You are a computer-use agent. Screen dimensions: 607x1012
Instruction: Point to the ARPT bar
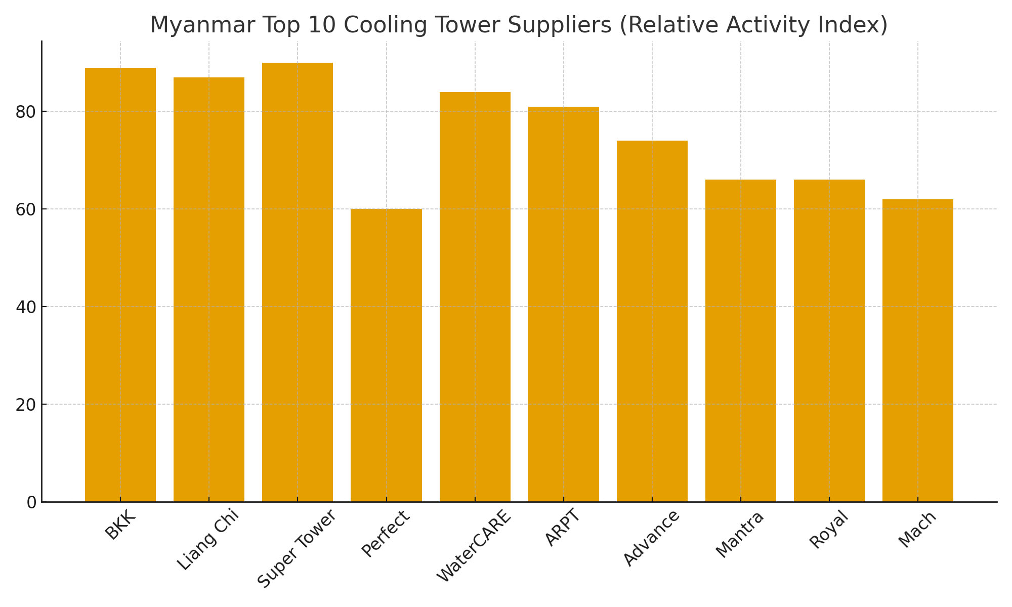(x=563, y=304)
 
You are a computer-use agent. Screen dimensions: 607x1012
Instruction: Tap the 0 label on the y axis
(x=31, y=502)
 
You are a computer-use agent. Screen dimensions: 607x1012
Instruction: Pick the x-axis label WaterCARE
(x=474, y=546)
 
